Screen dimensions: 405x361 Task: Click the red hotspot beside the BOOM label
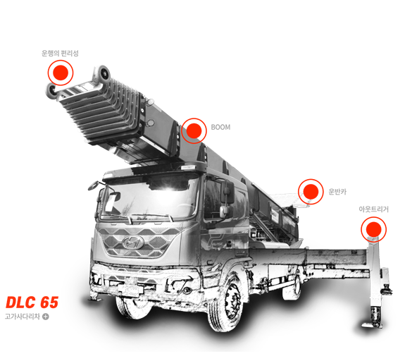[x=194, y=131]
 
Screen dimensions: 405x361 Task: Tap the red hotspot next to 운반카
[x=311, y=192]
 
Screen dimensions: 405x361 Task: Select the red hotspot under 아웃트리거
[x=374, y=229]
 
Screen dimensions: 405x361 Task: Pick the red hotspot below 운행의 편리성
[x=61, y=73]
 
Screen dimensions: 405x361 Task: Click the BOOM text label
[x=220, y=127]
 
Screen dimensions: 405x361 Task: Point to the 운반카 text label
[x=337, y=192]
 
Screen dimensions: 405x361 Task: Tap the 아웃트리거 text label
[x=373, y=209]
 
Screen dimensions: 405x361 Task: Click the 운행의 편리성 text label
[x=60, y=54]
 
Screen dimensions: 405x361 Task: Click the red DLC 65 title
[x=32, y=302]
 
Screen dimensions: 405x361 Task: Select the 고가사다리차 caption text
[x=23, y=317]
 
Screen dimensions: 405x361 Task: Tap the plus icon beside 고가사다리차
[x=46, y=317]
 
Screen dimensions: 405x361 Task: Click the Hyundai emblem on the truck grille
[x=133, y=243]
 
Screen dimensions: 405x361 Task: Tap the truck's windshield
[x=149, y=198]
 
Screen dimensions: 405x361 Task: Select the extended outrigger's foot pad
[x=372, y=325]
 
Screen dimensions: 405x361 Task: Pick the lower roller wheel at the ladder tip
[x=52, y=91]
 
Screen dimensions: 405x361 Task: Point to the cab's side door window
[x=214, y=198]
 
